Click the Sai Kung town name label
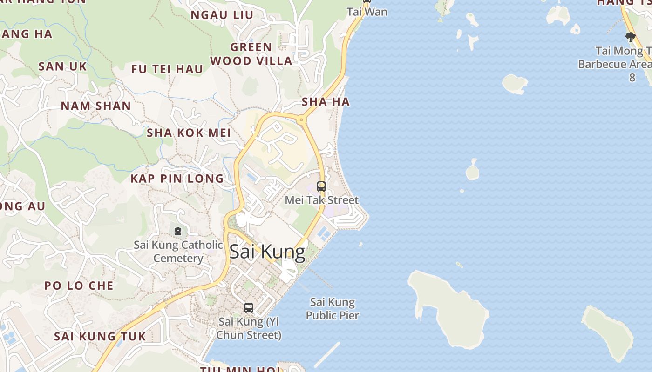tap(267, 252)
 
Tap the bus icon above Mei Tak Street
tap(321, 186)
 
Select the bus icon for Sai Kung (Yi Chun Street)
tap(249, 307)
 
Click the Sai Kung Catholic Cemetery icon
tap(177, 231)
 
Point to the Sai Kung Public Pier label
tap(332, 309)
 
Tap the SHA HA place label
tap(326, 102)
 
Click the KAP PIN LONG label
tap(177, 179)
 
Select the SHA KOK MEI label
tap(189, 133)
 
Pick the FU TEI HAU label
tap(167, 70)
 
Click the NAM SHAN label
tap(96, 106)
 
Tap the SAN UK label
tap(62, 66)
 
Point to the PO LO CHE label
tap(79, 286)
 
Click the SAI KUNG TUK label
tap(100, 336)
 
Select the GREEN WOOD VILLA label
tap(251, 53)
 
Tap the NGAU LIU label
tap(222, 15)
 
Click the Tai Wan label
tap(367, 12)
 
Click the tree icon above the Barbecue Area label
tap(630, 37)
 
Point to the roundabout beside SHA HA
tap(301, 120)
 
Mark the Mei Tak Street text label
tap(322, 200)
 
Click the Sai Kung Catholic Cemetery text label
tap(178, 252)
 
